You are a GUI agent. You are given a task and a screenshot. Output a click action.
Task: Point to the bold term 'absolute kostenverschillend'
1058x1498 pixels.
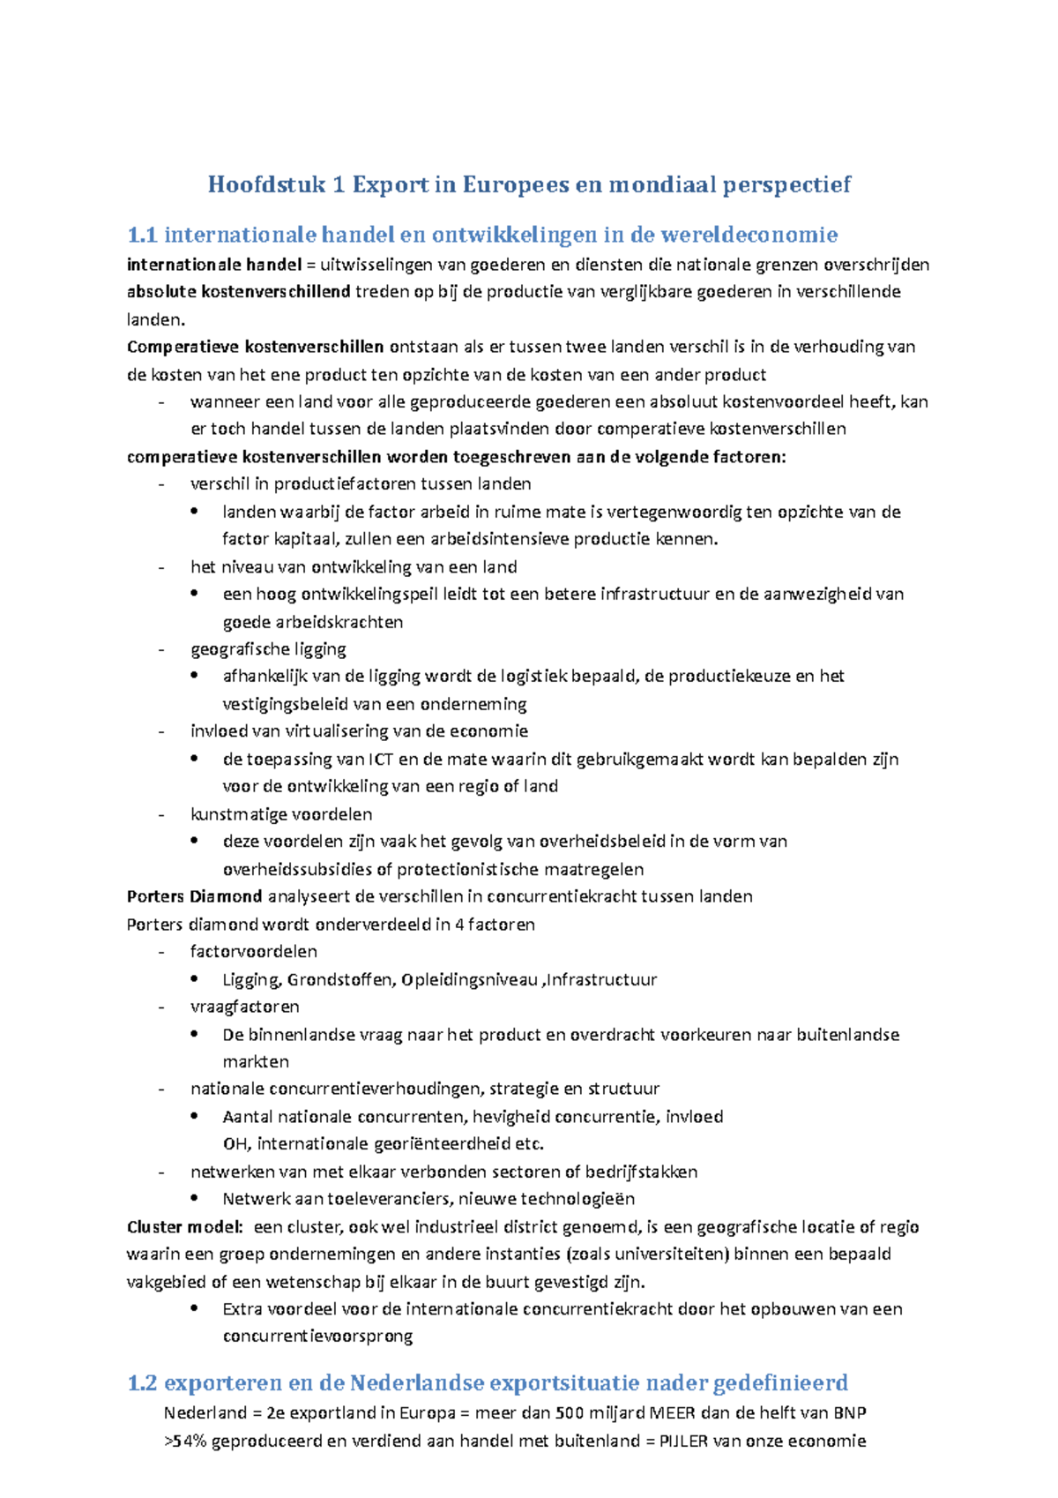coord(238,292)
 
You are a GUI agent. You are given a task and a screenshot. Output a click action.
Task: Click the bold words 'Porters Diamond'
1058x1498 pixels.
coord(194,896)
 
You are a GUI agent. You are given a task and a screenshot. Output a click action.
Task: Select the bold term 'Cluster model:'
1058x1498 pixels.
coord(184,1226)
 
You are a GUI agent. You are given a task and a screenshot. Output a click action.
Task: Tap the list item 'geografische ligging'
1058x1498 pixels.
coord(268,649)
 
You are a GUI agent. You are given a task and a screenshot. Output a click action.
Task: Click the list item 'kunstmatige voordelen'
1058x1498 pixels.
coord(281,813)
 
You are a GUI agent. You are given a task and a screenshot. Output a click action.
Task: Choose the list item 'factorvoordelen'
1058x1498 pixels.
coord(254,951)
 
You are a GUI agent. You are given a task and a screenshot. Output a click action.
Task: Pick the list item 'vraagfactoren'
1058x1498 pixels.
coord(245,1007)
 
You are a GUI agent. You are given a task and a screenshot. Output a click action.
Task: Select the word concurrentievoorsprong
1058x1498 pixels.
coord(317,1336)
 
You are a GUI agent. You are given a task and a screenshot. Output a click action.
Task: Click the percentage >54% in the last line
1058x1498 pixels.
coord(184,1441)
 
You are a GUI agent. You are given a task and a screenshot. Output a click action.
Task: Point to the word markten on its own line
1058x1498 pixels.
coord(256,1061)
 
